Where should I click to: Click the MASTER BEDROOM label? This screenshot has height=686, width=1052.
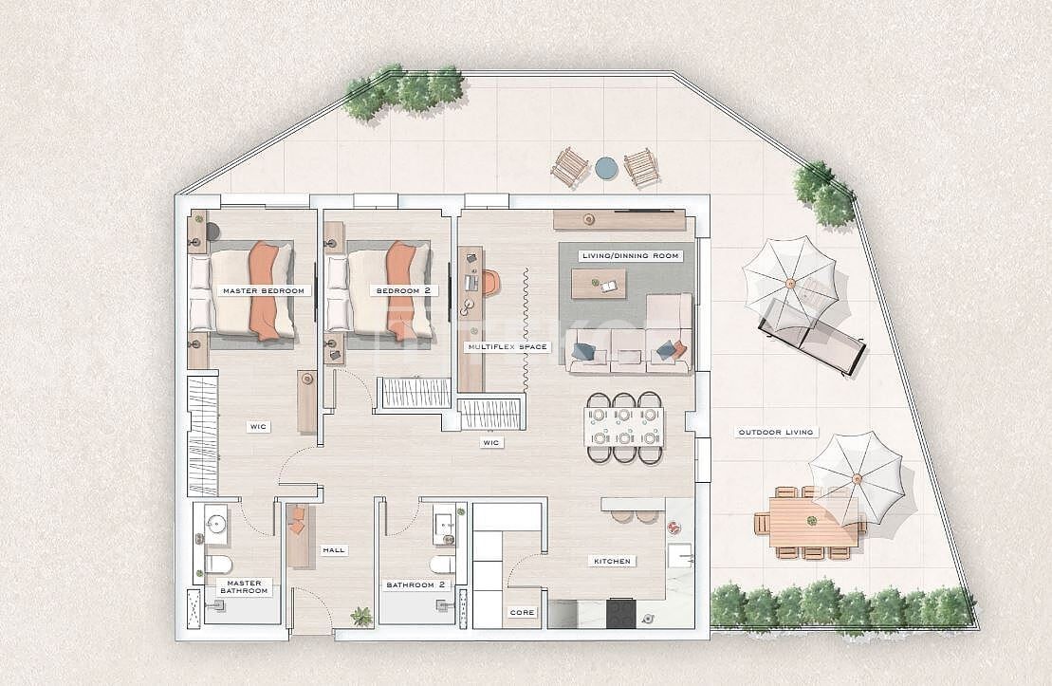click(263, 290)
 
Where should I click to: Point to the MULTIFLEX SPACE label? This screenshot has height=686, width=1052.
click(508, 347)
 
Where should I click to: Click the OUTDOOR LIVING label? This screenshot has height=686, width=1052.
click(776, 433)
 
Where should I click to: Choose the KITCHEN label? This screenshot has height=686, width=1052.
click(613, 562)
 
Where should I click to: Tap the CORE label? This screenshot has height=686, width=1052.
click(522, 613)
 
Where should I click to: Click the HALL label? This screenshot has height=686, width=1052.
click(333, 549)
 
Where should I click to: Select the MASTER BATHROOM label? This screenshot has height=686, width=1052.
click(245, 587)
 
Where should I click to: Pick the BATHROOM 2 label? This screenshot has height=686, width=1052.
click(415, 585)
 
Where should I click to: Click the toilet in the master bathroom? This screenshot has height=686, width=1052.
click(217, 566)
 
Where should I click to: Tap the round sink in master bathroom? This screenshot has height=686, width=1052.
click(216, 523)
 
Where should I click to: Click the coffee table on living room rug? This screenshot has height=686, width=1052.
click(600, 281)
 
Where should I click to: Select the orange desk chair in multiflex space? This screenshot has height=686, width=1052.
click(489, 282)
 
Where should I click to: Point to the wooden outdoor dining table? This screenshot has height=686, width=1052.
click(809, 524)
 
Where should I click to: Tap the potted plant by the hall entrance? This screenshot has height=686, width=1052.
click(361, 617)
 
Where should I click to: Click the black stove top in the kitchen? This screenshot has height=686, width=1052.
click(621, 612)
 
